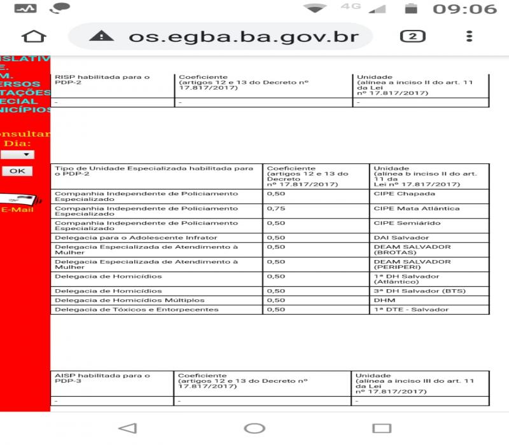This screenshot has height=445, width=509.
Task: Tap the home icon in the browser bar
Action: point(34,36)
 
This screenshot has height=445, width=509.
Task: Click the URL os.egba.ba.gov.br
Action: point(244,36)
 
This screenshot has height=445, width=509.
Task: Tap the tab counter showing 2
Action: point(412,36)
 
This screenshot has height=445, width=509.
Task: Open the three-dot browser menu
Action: point(470,36)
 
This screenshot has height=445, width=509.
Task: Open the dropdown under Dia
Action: point(18,154)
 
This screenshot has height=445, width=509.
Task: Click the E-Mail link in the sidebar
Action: point(17,210)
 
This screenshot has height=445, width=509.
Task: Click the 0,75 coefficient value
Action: point(276,209)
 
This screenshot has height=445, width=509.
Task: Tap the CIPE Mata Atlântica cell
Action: point(417,209)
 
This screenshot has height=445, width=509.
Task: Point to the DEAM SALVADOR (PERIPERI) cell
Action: point(412,264)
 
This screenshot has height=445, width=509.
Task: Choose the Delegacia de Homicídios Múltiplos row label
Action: point(130,300)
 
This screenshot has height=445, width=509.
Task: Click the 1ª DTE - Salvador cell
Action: point(410,310)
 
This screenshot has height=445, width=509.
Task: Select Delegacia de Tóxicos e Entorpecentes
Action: point(137,310)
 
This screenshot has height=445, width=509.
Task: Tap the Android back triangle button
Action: point(127,428)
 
